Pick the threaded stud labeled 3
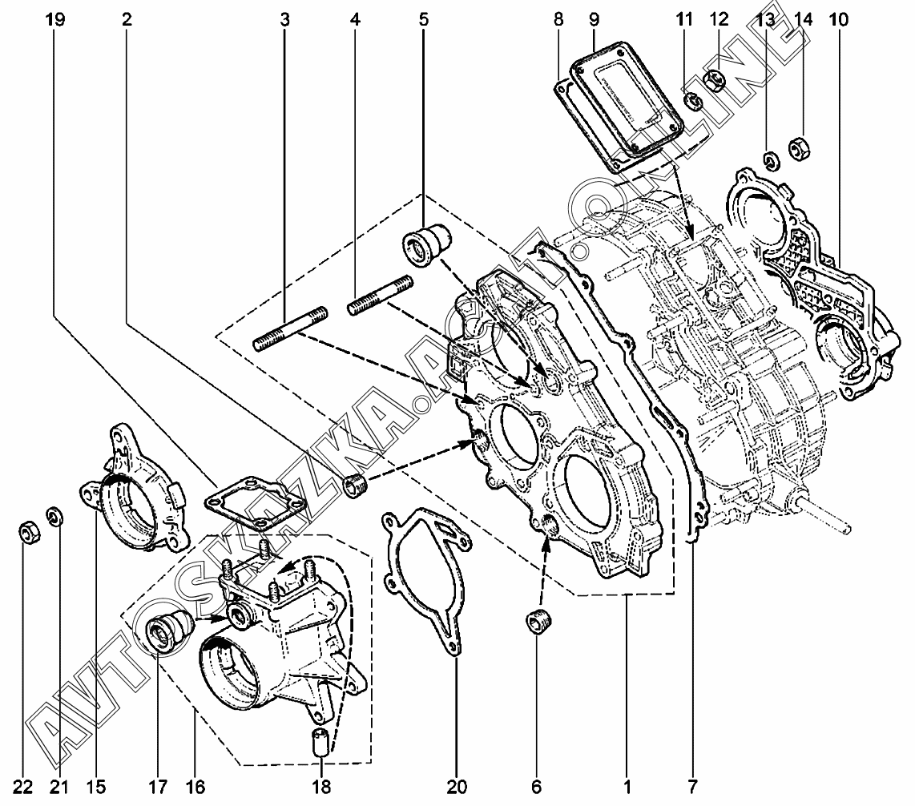288,328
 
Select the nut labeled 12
716,82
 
